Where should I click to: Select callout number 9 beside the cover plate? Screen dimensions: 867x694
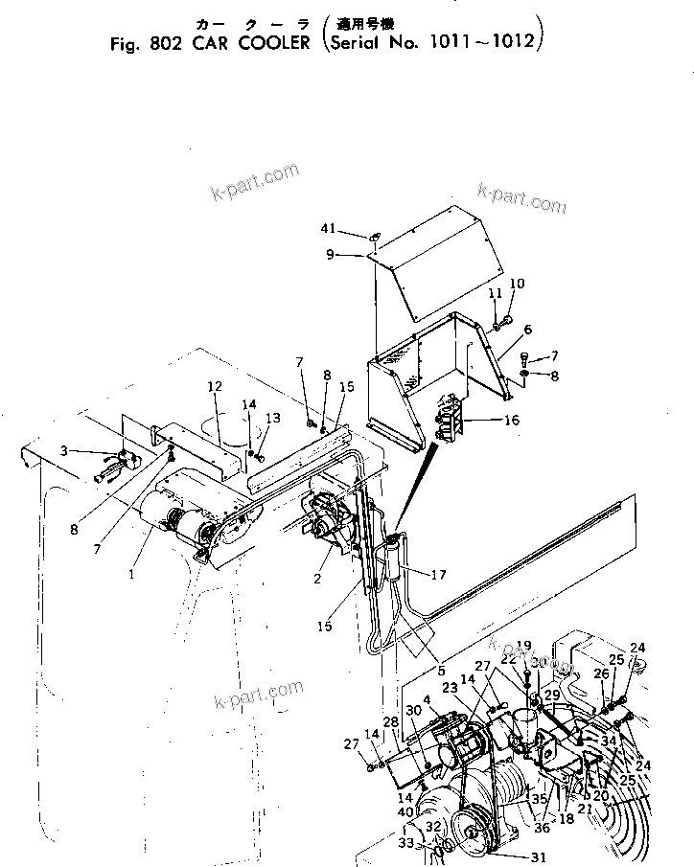(329, 255)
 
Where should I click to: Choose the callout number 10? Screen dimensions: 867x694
(517, 284)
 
